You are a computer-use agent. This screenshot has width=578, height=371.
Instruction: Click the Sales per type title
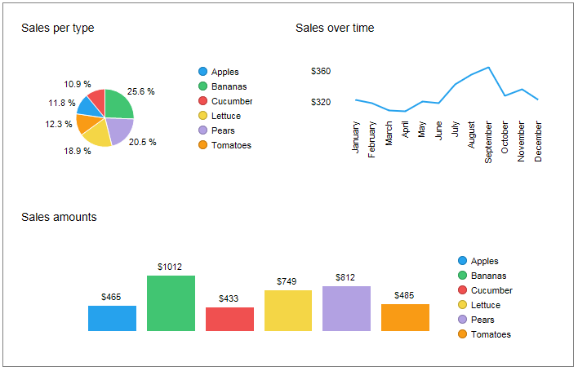tap(57, 29)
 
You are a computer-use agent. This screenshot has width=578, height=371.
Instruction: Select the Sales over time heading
tap(335, 29)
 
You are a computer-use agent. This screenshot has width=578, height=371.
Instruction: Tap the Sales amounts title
tap(59, 217)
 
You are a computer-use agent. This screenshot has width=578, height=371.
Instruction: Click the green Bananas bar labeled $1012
tap(171, 303)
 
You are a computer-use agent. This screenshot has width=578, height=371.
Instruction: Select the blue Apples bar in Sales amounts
tap(112, 318)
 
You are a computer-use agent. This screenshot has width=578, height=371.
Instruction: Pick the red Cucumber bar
tap(229, 319)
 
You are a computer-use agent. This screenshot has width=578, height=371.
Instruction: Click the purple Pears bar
tap(346, 308)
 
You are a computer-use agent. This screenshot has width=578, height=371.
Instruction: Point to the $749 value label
tap(287, 281)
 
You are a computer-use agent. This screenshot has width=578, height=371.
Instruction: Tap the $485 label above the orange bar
tap(404, 295)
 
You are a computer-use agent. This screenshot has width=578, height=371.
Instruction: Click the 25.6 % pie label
tap(141, 92)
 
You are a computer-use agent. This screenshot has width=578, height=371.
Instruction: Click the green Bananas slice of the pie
tap(118, 104)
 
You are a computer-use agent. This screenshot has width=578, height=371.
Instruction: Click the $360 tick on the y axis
tap(321, 72)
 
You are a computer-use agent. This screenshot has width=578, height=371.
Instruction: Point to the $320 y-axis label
tap(321, 103)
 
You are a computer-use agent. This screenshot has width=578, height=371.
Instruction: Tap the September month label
tap(488, 143)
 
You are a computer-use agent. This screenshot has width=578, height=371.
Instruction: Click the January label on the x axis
tap(356, 136)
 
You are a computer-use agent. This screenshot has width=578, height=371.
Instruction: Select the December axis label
tap(538, 142)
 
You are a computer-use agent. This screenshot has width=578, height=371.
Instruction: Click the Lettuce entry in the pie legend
tap(225, 116)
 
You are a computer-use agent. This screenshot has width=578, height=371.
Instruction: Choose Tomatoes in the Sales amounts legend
tap(490, 334)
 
